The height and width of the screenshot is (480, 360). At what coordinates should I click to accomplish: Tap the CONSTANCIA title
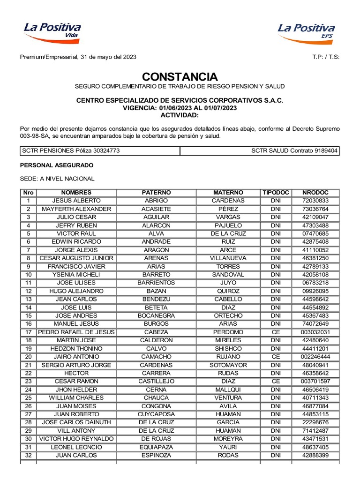pos(180,76)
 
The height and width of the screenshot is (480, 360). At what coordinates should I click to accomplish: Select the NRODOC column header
pos(315,193)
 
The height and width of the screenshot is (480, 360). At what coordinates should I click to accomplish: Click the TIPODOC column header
pos(276,193)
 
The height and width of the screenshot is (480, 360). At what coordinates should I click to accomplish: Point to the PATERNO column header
pos(156,193)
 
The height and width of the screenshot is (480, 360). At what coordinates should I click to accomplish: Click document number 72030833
pos(315,201)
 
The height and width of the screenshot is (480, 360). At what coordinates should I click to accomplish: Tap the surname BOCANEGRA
pos(156,315)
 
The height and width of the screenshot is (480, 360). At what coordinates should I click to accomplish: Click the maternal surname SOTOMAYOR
pos(228,365)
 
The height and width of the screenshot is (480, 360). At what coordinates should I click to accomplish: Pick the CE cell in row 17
pos(276,332)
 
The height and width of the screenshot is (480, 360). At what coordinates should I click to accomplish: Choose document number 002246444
pos(315,357)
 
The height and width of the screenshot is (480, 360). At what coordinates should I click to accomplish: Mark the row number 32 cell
pos(28,455)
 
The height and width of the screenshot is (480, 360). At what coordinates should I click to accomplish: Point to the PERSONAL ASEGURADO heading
pos(56,165)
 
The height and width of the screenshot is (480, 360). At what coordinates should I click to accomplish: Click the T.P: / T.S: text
pos(325,57)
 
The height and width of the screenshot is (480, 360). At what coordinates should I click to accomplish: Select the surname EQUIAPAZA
pos(156,447)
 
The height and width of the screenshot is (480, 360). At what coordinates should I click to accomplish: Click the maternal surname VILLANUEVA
pos(228,258)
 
